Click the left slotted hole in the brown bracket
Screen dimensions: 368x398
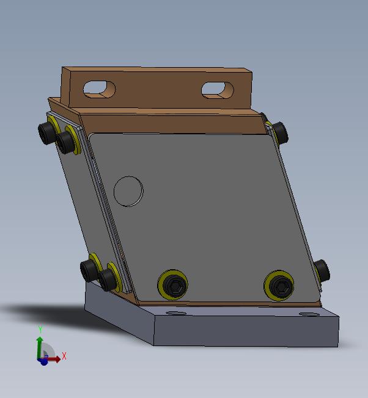(100, 89)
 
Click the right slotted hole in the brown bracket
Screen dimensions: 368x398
(217, 90)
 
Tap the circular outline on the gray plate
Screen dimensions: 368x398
(128, 192)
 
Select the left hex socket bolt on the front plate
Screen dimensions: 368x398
(173, 284)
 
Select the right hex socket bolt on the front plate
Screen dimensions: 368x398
(279, 286)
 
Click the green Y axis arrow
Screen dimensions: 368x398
(39, 347)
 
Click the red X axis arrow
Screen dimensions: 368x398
(52, 359)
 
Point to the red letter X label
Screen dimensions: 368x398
(64, 356)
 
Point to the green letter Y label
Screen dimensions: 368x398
(40, 329)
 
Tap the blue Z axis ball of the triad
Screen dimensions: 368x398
(44, 361)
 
